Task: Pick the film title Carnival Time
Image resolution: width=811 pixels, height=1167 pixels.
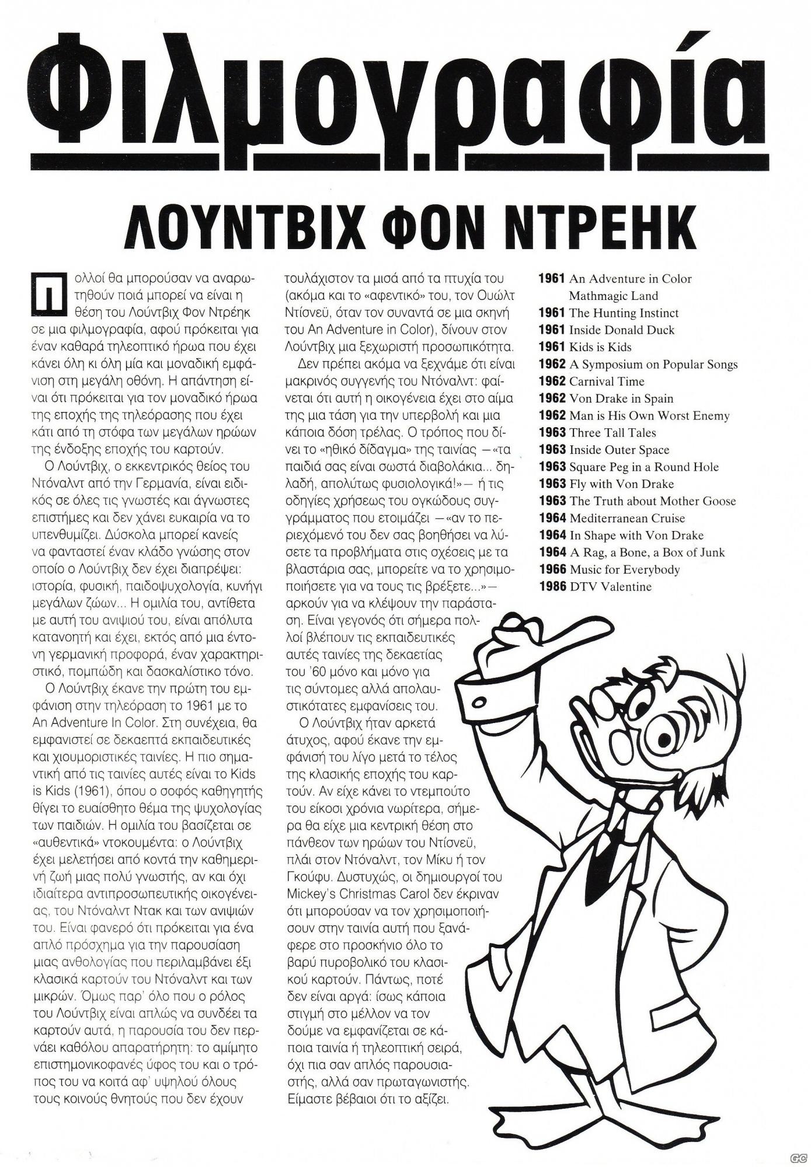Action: pos(607,382)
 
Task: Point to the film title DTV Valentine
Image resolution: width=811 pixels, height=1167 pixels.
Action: pos(610,587)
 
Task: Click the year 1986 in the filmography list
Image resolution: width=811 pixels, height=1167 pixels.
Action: pos(552,587)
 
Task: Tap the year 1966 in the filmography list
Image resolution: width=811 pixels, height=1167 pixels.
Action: pos(552,569)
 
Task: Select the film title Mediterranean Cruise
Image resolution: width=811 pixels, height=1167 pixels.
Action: pos(627,518)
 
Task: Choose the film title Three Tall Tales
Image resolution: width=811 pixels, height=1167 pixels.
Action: pos(612,433)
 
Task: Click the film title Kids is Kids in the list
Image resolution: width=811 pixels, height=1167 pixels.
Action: pos(600,347)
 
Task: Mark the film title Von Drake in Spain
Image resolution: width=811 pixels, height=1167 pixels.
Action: pos(621,399)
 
